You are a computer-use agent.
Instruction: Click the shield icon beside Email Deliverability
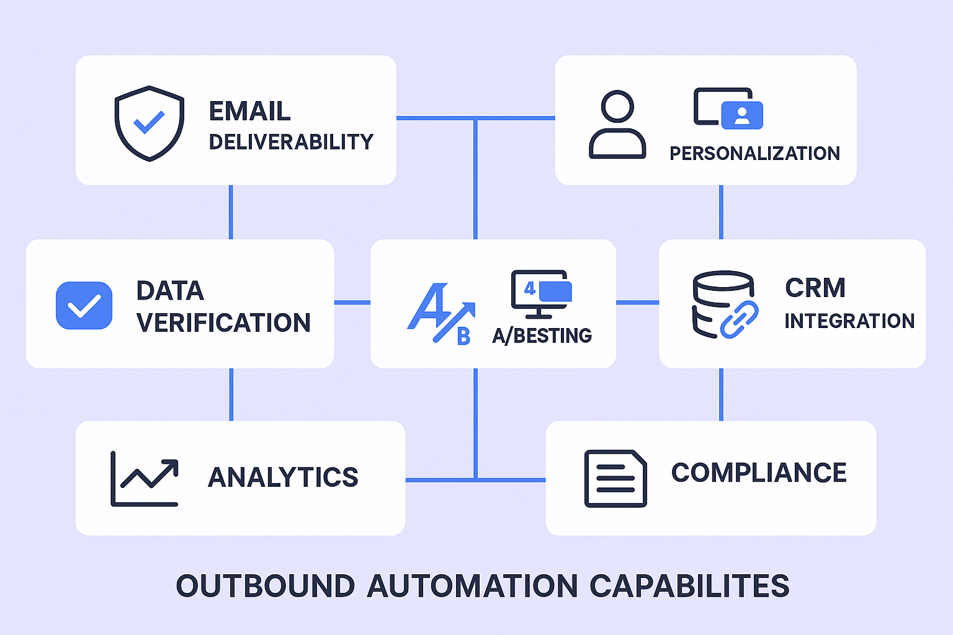(149, 123)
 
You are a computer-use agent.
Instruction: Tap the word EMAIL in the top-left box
(249, 112)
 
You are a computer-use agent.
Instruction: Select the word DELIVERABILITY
(291, 142)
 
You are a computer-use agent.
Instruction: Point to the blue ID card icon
(742, 115)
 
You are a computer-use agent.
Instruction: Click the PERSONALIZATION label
(754, 153)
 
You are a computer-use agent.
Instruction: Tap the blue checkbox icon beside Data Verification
(84, 305)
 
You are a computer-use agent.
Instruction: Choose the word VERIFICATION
(223, 322)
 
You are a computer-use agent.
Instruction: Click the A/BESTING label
(542, 335)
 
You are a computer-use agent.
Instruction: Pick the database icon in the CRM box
(720, 303)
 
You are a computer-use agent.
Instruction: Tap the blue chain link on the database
(740, 319)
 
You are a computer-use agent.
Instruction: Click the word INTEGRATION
(849, 321)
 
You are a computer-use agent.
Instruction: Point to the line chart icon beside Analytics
(145, 479)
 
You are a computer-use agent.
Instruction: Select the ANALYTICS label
(283, 477)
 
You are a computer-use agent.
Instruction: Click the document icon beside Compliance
(615, 479)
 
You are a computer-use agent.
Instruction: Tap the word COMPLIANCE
(758, 473)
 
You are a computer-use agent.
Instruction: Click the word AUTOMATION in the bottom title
(472, 586)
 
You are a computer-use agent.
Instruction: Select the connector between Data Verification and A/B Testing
(352, 303)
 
